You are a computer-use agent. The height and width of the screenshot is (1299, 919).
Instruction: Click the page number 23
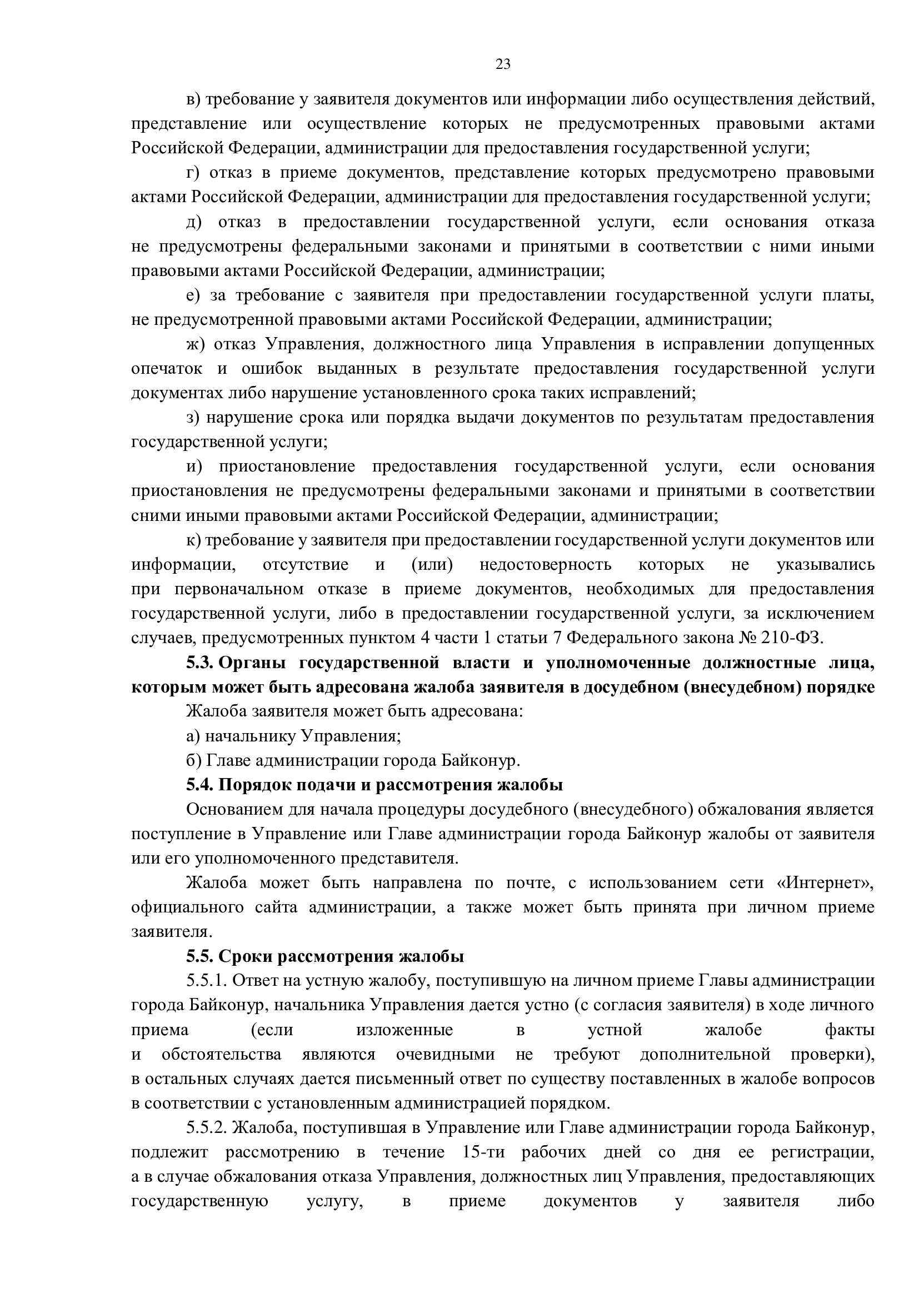pyautogui.click(x=503, y=64)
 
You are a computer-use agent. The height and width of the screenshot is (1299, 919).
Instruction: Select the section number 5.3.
pyautogui.click(x=200, y=663)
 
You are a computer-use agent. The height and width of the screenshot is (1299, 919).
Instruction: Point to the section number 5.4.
pyautogui.click(x=200, y=785)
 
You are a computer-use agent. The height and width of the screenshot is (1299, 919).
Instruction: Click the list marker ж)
pyautogui.click(x=194, y=344)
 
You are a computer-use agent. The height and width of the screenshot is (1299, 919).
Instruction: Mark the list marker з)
pyautogui.click(x=193, y=418)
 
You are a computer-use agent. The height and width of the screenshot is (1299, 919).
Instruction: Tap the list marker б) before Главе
pyautogui.click(x=193, y=760)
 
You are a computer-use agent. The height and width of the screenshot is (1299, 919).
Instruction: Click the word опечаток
pyautogui.click(x=166, y=369)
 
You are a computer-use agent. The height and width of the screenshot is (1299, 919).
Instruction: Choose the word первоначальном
pyautogui.click(x=238, y=589)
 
